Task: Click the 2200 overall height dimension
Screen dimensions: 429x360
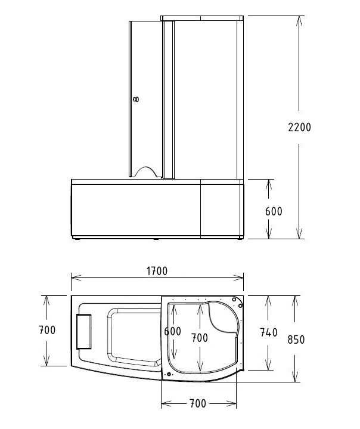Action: [x=299, y=127]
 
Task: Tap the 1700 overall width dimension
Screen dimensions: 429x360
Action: [x=156, y=271]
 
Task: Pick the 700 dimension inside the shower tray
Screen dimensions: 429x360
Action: [x=199, y=338]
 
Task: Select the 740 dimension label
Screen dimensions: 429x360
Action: [x=269, y=333]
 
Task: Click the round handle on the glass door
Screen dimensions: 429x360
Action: [x=136, y=100]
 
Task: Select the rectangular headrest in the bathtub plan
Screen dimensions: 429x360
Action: [x=85, y=331]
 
